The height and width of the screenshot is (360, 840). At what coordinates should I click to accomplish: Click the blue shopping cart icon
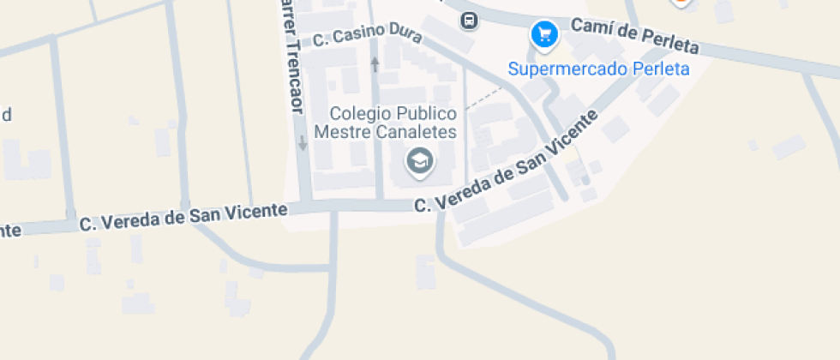(544, 35)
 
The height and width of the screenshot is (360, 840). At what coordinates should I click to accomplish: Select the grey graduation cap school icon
(419, 159)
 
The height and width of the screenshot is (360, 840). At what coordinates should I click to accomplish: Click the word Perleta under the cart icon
(660, 69)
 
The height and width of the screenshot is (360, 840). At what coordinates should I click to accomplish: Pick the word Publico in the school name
(426, 113)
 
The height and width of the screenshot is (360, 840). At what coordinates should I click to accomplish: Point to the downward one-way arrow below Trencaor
(302, 143)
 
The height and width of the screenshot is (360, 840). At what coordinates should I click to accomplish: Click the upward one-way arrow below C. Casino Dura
(375, 63)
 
